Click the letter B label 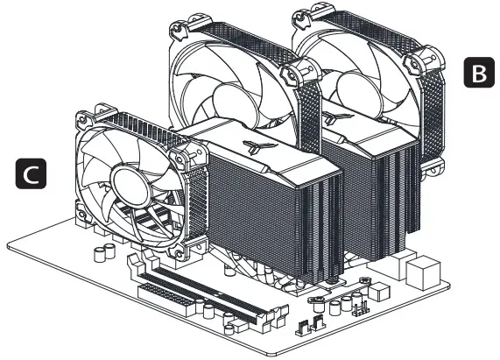(477, 73)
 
